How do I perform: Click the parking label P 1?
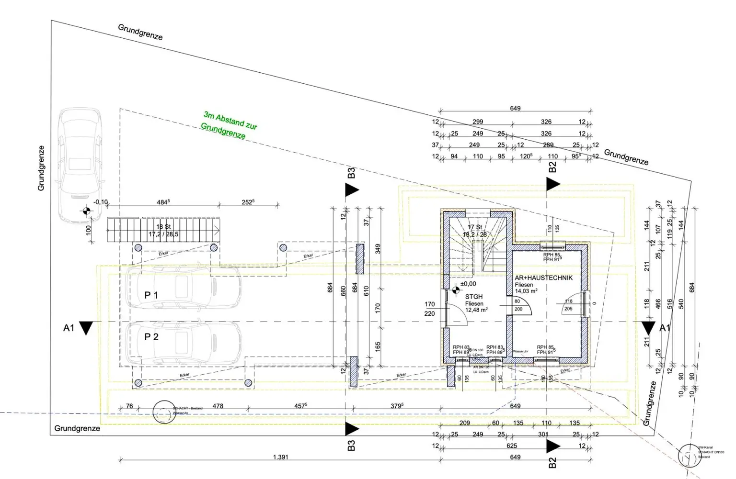click(x=151, y=295)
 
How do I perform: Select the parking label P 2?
click(x=151, y=337)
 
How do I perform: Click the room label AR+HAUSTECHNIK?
click(x=543, y=278)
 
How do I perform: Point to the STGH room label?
click(x=473, y=297)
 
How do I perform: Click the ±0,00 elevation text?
click(x=468, y=284)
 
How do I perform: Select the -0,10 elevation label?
click(x=101, y=202)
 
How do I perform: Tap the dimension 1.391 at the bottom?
click(x=280, y=457)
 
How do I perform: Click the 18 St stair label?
click(x=163, y=226)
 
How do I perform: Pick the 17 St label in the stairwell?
click(x=474, y=227)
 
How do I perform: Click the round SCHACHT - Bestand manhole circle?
click(x=164, y=412)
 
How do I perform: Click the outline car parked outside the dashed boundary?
click(x=80, y=165)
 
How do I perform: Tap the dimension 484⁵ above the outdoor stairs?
click(x=163, y=202)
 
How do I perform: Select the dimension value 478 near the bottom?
click(x=218, y=406)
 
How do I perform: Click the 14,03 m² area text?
click(x=526, y=291)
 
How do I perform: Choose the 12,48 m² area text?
click(x=476, y=310)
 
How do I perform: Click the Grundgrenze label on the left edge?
click(x=41, y=168)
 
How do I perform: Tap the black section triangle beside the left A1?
click(x=86, y=328)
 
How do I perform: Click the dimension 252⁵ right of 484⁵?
click(x=248, y=202)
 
